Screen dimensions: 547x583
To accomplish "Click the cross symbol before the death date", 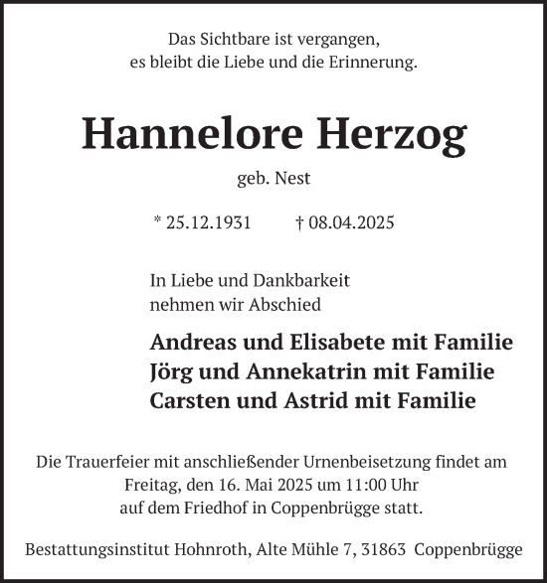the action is (x=299, y=221).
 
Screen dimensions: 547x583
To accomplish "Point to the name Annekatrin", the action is (x=298, y=372).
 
